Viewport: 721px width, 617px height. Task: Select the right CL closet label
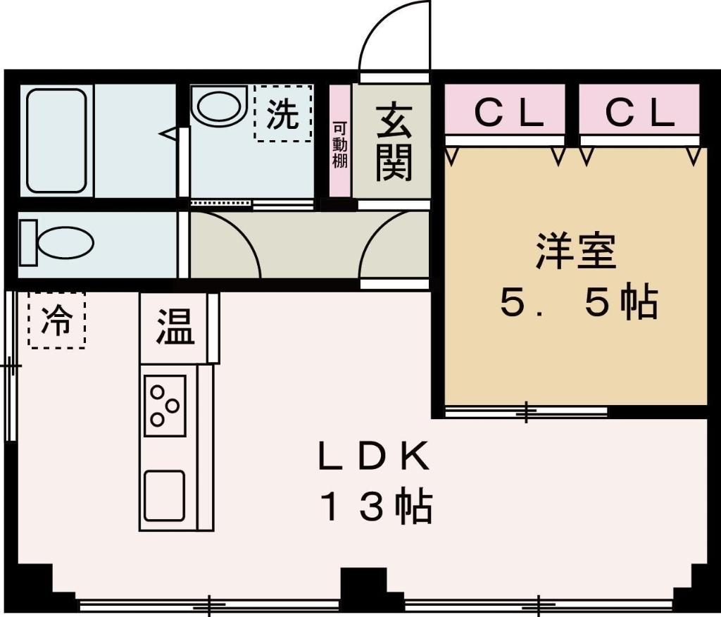[640, 112]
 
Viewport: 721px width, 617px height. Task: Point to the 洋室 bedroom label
[576, 251]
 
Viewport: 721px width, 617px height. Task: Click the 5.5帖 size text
[579, 303]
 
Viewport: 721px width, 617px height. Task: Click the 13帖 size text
[377, 506]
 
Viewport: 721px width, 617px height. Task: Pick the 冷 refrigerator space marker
[56, 321]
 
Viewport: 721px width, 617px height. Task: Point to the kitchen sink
[165, 495]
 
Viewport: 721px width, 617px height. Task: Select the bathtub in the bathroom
[56, 140]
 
